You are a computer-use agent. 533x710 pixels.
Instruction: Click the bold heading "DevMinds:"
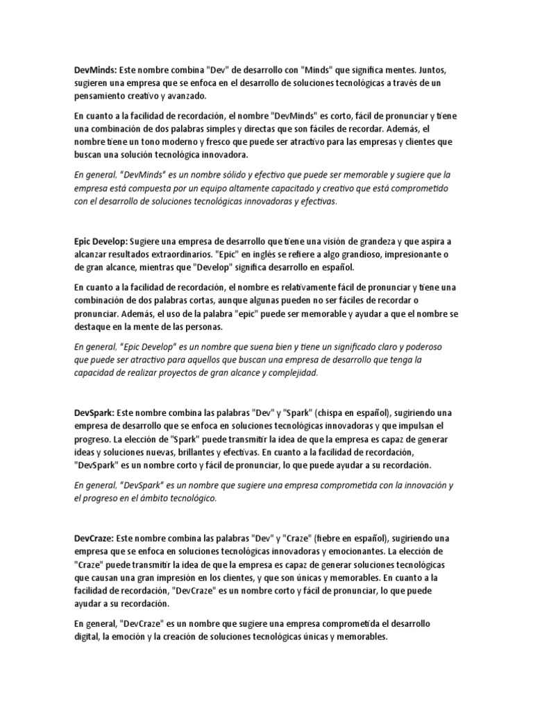[96, 70]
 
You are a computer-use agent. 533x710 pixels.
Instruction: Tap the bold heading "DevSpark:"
[95, 413]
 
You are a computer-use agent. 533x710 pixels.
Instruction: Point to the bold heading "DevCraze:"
[94, 538]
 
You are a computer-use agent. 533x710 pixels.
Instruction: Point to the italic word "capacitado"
[262, 187]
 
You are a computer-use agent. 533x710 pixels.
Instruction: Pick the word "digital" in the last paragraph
[88, 637]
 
